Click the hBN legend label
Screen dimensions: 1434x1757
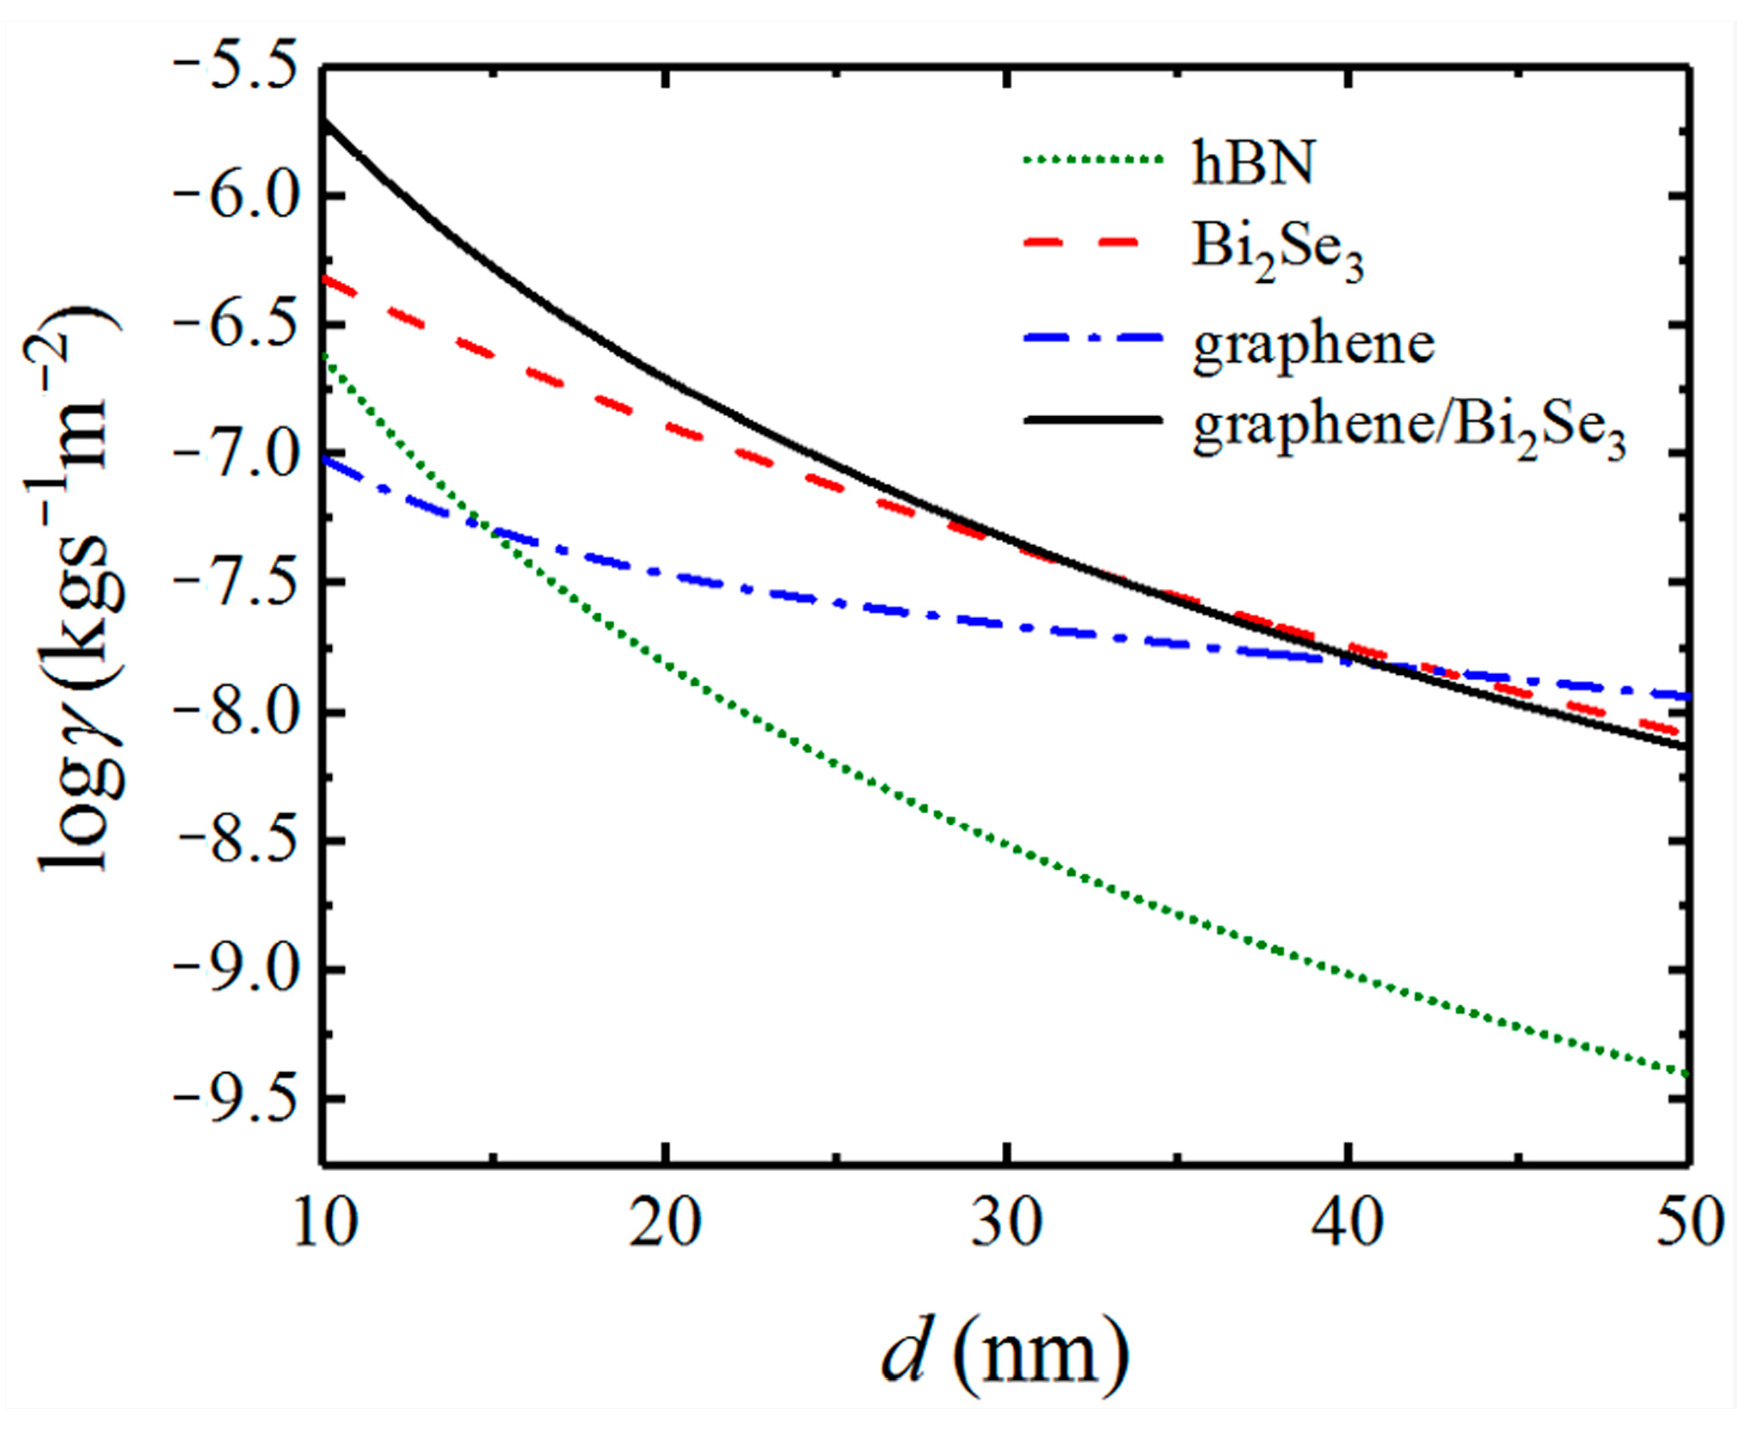pyautogui.click(x=1252, y=162)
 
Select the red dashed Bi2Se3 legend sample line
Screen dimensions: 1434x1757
pyautogui.click(x=1092, y=243)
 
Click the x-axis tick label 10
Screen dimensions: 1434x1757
pyautogui.click(x=324, y=1223)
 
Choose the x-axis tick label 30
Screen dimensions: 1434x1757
pyautogui.click(x=1006, y=1223)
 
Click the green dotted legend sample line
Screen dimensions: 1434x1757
pyautogui.click(x=1092, y=160)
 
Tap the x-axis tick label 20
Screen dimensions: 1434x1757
pyautogui.click(x=665, y=1223)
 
